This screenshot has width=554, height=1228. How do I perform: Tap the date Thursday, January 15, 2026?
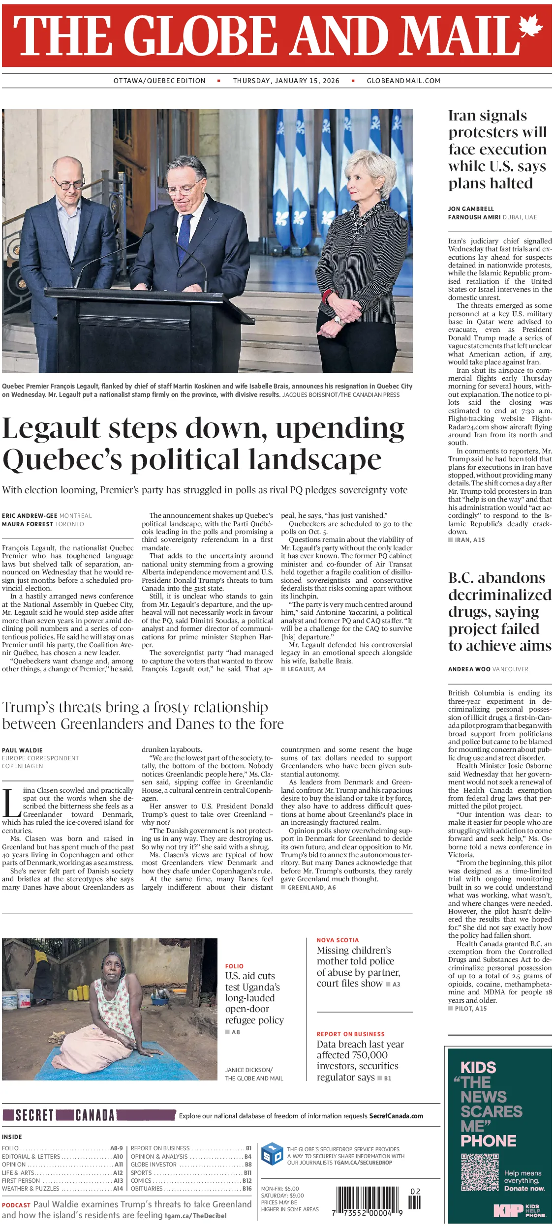[286, 81]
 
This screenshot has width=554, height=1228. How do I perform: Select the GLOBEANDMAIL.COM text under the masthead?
[403, 81]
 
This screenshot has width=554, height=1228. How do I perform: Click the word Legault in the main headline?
[51, 428]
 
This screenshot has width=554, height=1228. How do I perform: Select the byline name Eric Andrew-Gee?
[30, 516]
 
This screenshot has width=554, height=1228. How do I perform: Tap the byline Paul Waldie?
[22, 750]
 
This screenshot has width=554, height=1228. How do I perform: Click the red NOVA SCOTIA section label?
[338, 940]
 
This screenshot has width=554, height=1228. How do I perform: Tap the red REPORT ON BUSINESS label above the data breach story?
[350, 1034]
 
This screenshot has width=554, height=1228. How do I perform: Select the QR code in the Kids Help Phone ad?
[480, 1172]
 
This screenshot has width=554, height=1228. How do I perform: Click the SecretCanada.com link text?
[396, 1116]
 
